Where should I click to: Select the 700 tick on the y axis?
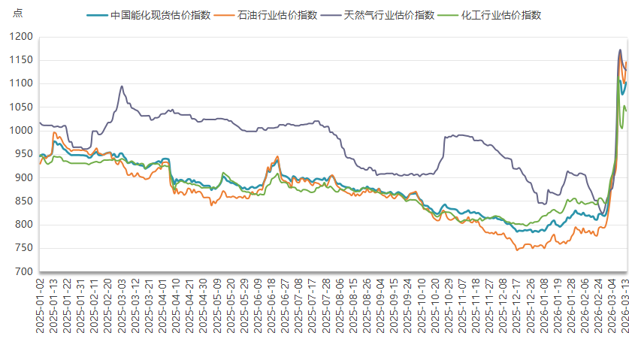click(26, 272)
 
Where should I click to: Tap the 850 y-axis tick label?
click(26, 201)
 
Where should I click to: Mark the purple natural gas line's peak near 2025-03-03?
click(122, 86)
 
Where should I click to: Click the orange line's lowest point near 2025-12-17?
click(516, 250)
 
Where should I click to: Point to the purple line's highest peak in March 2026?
click(620, 50)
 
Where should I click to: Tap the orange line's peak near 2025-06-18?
click(277, 157)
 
